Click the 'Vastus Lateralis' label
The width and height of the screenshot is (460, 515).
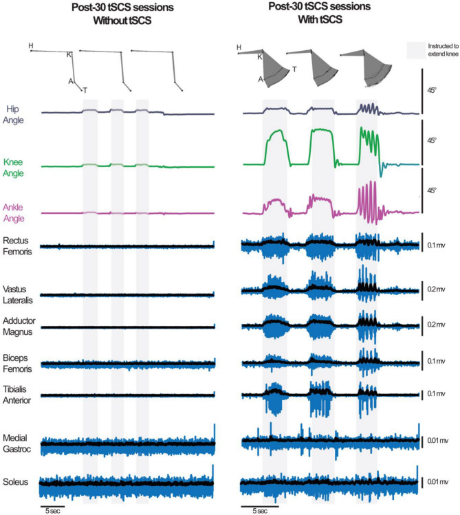(20, 294)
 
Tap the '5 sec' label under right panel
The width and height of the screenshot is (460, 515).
(254, 511)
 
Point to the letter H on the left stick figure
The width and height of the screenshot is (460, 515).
(31, 45)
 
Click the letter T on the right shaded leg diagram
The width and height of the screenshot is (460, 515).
(294, 69)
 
